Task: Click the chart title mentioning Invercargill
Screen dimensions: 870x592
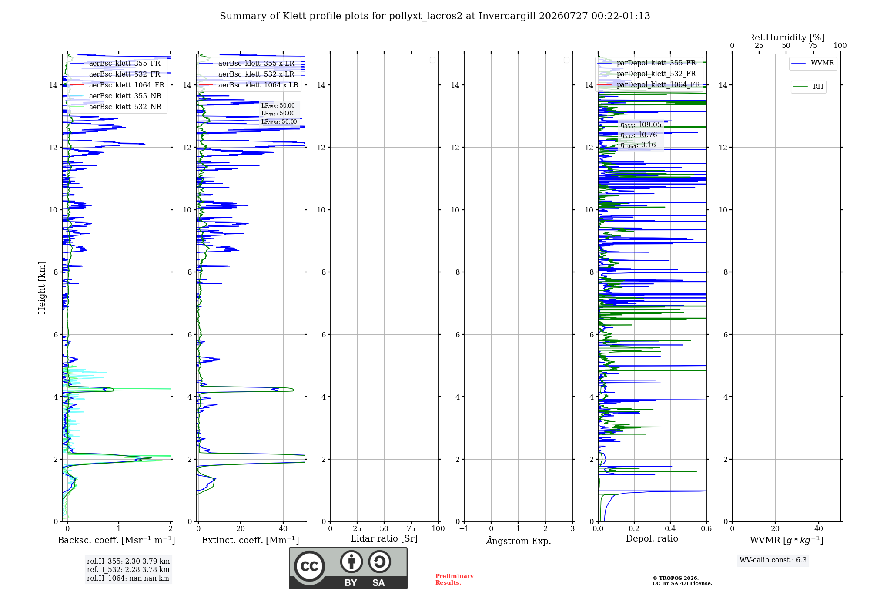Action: (435, 16)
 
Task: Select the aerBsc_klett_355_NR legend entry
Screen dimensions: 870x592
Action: (116, 96)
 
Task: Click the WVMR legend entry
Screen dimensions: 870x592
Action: (813, 63)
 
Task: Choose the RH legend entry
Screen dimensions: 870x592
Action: (808, 87)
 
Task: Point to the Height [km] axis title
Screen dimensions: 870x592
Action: (42, 288)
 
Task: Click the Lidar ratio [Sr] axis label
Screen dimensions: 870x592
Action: (384, 539)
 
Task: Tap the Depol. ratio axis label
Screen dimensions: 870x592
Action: (652, 538)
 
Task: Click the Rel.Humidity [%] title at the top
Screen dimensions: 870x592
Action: (786, 37)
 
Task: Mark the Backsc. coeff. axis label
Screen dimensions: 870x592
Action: (117, 540)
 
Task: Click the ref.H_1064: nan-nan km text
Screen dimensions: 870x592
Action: (128, 578)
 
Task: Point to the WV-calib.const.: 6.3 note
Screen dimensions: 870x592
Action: (773, 560)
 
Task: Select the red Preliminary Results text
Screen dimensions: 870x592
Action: (455, 579)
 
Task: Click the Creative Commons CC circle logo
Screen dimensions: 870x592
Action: (309, 566)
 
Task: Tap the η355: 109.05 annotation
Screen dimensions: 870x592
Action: (641, 125)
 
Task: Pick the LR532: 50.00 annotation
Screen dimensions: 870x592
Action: (278, 114)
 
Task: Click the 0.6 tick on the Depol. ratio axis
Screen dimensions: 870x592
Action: (706, 529)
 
